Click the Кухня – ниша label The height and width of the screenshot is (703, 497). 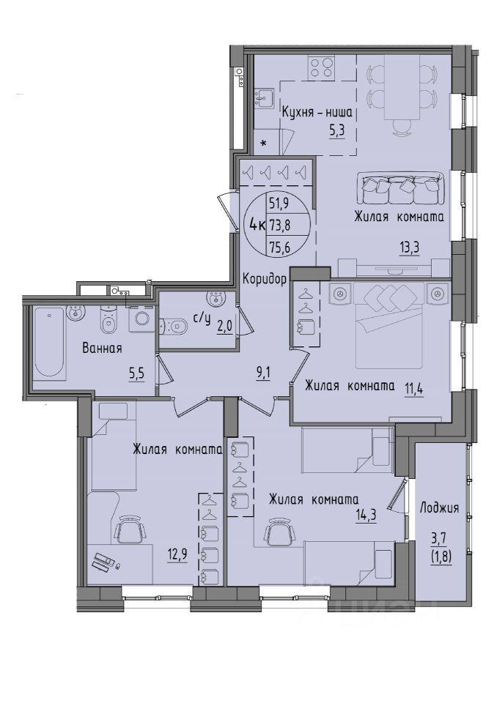[317, 112]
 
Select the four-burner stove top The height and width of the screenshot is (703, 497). [322, 67]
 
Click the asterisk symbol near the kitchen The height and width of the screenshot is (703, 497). [264, 144]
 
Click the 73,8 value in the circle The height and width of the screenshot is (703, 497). [280, 225]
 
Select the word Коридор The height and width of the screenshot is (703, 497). [265, 279]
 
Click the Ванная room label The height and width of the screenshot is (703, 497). [103, 348]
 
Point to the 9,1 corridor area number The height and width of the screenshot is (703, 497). [263, 373]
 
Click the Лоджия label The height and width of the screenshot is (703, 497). [439, 508]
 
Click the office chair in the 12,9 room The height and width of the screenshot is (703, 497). [130, 529]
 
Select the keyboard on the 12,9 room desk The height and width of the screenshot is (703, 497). [103, 562]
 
